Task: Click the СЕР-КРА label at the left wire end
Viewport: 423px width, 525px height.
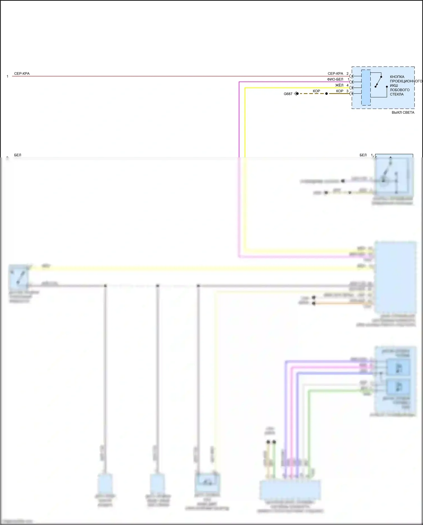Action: pos(22,74)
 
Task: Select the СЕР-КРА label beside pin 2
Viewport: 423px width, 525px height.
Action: pos(335,74)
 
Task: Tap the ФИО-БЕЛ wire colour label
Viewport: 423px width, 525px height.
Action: pos(335,80)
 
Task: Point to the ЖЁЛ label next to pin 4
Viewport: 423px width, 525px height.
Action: pos(339,85)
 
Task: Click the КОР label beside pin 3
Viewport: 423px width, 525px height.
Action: pos(340,91)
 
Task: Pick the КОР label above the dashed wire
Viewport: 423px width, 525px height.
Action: pos(316,91)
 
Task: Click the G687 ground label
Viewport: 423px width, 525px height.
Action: pos(288,94)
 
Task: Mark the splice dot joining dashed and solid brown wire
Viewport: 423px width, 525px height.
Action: pos(327,94)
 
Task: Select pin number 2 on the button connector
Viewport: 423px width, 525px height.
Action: pos(347,74)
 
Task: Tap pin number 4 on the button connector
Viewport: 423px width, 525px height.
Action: pos(347,85)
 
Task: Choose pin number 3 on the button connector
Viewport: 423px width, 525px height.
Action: pos(347,91)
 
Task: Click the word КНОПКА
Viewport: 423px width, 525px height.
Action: pos(397,77)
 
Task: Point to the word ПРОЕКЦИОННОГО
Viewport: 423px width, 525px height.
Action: pos(406,81)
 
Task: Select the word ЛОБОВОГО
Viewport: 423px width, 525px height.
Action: pos(400,90)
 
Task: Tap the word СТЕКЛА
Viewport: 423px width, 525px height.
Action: pos(397,94)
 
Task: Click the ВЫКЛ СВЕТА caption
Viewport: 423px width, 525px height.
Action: pos(403,113)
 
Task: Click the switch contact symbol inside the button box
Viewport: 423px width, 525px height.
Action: pos(378,82)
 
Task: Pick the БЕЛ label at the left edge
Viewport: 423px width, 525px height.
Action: pos(18,155)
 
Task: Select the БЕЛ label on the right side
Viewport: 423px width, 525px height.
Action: pos(363,155)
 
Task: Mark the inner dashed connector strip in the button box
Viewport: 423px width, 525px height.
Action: pos(366,87)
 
